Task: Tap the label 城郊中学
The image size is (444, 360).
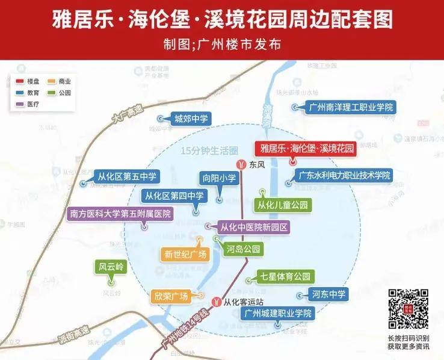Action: pyautogui.click(x=191, y=119)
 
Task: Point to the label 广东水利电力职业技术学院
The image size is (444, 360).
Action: pyautogui.click(x=345, y=176)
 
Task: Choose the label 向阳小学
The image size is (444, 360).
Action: pyautogui.click(x=219, y=178)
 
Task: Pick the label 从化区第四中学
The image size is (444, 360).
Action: pyautogui.click(x=174, y=196)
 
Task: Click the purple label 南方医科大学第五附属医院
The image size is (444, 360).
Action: pyautogui.click(x=120, y=214)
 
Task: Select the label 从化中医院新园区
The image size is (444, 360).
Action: pyautogui.click(x=254, y=228)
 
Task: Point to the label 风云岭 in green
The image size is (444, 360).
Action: pyautogui.click(x=111, y=267)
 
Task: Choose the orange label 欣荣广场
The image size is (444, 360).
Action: pyautogui.click(x=171, y=296)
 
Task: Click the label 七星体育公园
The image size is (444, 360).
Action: pyautogui.click(x=285, y=277)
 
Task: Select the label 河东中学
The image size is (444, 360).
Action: pyautogui.click(x=329, y=294)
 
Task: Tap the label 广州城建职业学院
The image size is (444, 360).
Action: pyautogui.click(x=278, y=314)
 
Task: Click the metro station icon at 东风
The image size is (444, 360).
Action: pyautogui.click(x=241, y=164)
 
